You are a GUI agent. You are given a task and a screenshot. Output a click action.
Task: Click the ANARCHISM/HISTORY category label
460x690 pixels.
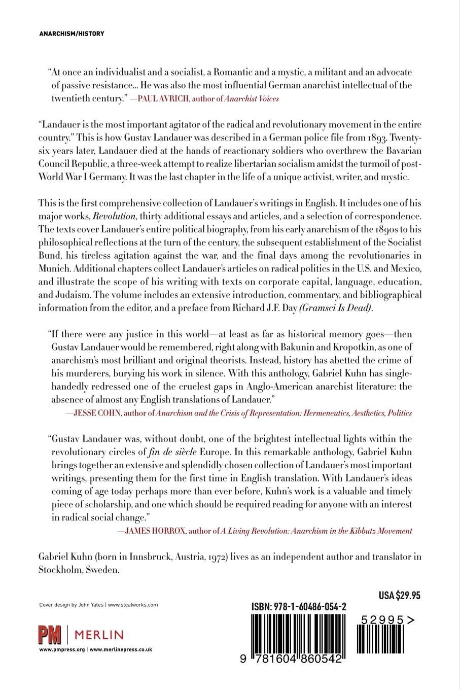point(72,33)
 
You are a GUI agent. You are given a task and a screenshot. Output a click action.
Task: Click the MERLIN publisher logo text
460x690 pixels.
point(99,635)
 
